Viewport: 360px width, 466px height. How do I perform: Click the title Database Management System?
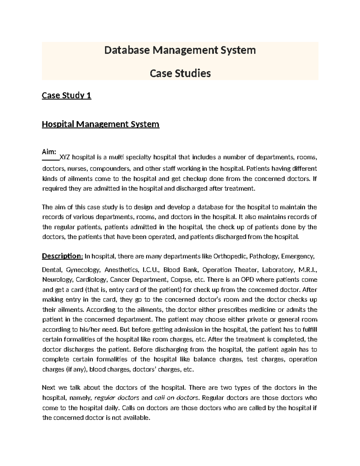(x=180, y=50)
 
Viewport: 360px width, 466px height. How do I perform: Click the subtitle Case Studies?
(x=180, y=73)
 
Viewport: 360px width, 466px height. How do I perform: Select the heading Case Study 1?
(x=66, y=95)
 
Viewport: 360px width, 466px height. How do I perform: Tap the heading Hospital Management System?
(x=100, y=124)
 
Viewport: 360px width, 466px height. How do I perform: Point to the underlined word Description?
(x=61, y=256)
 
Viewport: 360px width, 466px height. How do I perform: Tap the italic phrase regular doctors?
(x=117, y=398)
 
